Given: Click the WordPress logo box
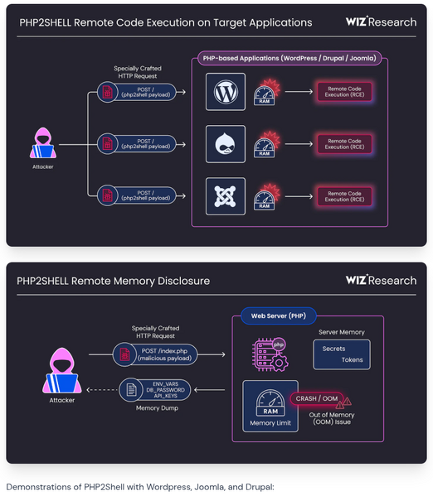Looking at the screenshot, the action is point(226,92).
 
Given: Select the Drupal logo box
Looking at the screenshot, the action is point(226,144).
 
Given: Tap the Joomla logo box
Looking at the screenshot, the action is point(226,196).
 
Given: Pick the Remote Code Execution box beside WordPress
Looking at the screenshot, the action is point(344,92).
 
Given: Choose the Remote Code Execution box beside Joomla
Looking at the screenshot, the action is point(344,196).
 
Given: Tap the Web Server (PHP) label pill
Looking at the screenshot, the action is point(279,315).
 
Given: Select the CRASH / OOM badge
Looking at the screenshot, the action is point(317,398).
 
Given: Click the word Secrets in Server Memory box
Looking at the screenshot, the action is point(333,349).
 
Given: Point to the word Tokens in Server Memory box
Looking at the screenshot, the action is point(353,359).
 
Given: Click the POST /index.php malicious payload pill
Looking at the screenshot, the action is point(155,354).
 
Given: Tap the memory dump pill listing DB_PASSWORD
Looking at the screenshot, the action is point(155,390).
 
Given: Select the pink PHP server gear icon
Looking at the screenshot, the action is point(270,354).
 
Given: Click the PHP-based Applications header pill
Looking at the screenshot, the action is point(289,58).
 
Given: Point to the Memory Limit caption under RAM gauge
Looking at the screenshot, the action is point(270,423).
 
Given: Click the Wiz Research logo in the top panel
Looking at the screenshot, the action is point(381,22).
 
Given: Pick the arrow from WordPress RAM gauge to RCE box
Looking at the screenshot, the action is point(299,92).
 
